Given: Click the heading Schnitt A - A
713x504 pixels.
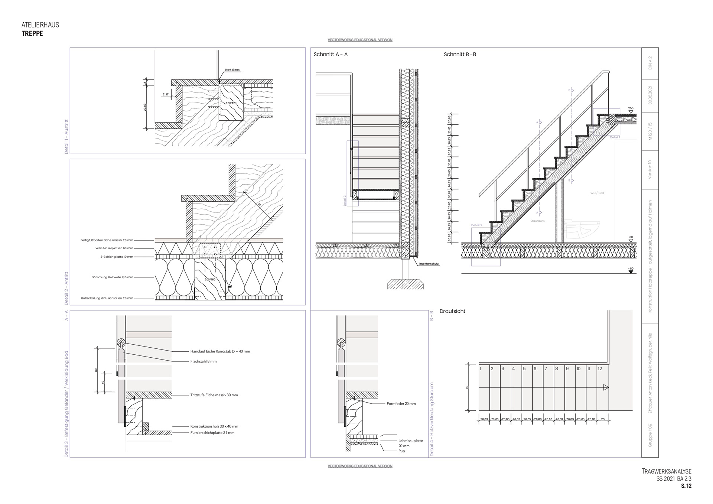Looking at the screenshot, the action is (331, 54).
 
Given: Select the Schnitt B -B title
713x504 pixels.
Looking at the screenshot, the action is (460, 54).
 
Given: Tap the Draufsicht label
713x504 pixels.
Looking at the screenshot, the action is (452, 311).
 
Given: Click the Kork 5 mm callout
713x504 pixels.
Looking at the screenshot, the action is (232, 70).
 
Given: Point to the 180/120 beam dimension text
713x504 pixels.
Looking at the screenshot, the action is (231, 103).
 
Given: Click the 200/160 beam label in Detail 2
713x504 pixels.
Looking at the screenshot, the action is (210, 279).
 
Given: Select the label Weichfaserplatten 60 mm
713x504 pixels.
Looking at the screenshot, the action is (114, 248).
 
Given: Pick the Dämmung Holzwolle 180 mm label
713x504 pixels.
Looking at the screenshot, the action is (112, 277).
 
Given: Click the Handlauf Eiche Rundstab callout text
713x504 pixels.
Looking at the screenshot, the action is (220, 351).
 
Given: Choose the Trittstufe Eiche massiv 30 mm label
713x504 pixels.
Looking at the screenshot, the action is (214, 395).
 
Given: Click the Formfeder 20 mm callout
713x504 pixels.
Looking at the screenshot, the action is (401, 404).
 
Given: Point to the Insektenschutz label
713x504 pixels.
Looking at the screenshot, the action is (429, 264).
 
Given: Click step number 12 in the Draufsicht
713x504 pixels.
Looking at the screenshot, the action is (600, 369).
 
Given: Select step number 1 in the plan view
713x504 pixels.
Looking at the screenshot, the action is (481, 369).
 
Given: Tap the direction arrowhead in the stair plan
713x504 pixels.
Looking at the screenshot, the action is (606, 388).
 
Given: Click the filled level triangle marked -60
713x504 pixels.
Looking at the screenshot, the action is (631, 272).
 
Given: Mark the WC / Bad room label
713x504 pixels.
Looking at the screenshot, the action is (597, 193).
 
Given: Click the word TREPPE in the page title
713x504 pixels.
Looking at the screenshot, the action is (32, 33).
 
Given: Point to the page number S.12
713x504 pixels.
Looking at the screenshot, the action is (686, 486).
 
